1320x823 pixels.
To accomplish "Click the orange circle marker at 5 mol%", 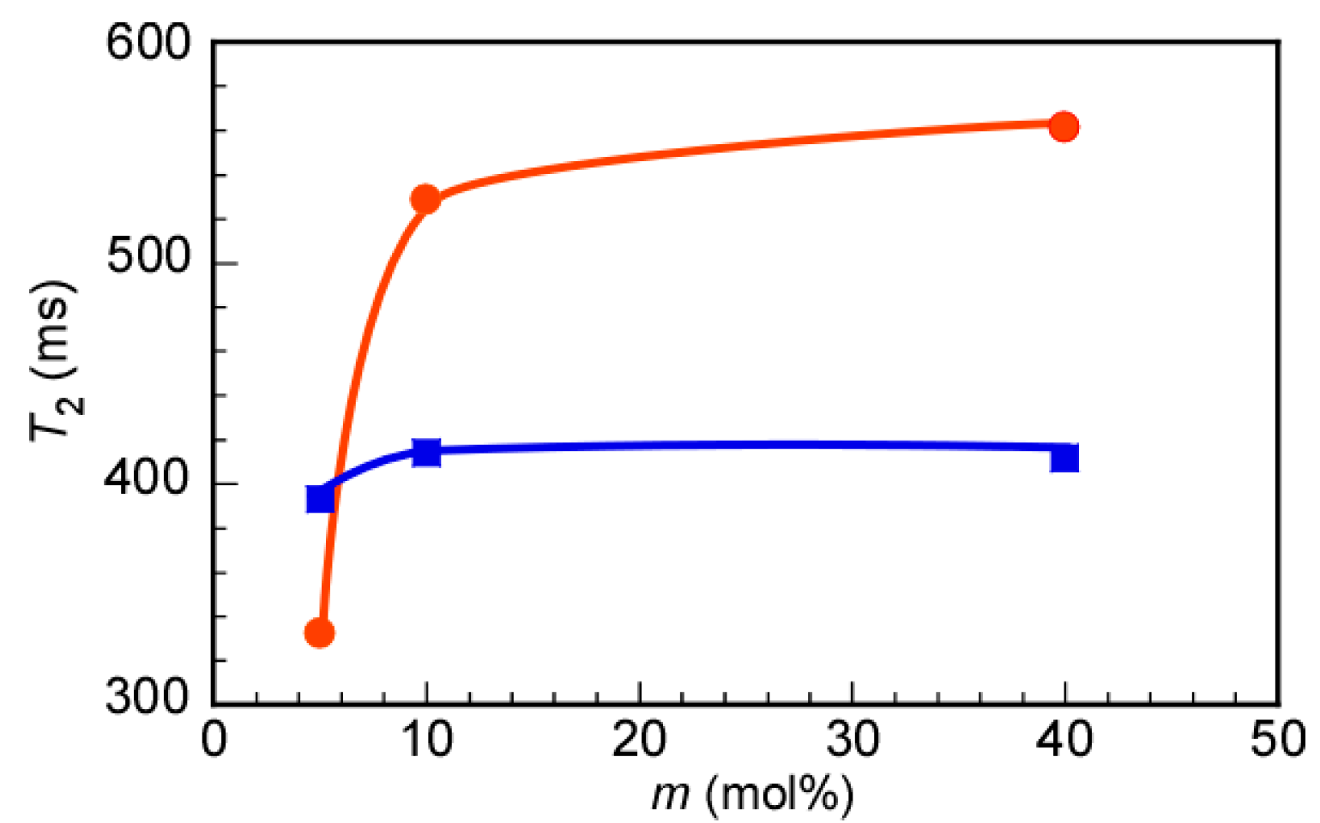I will point(319,634).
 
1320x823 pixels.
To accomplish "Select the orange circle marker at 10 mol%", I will point(425,200).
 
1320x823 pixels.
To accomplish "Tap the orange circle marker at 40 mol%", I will point(1064,127).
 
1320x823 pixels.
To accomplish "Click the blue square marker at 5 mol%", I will point(320,499).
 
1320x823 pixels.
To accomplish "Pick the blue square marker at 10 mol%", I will point(426,452).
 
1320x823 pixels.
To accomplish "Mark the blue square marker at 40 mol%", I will point(1064,459).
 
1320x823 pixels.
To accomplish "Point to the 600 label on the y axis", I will point(148,42).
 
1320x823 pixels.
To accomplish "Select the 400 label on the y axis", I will point(148,478).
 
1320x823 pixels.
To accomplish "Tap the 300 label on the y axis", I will point(148,696).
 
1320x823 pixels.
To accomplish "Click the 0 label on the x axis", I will point(214,739).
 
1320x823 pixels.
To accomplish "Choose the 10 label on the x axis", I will point(426,739).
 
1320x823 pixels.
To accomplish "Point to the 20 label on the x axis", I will point(640,739).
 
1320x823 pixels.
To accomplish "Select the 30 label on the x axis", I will point(853,739).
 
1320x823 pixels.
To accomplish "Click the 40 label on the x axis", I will point(1064,739).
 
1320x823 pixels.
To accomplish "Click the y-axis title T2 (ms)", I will point(56,360).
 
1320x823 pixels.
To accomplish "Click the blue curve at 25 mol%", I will point(745,445).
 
